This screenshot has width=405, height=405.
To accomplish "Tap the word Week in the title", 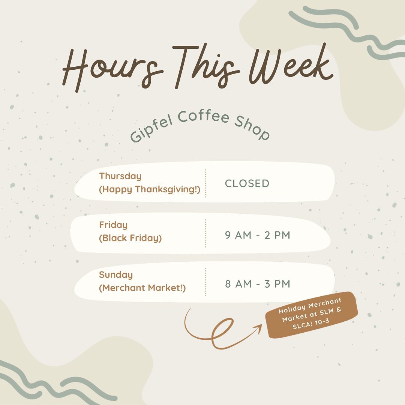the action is click(x=291, y=64).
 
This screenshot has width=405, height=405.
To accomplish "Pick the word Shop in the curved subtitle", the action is click(x=252, y=127).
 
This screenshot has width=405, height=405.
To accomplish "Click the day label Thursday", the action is click(x=120, y=176).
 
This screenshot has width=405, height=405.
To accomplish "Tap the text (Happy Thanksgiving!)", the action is click(x=150, y=189).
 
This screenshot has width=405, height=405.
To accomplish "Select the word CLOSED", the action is click(x=247, y=183).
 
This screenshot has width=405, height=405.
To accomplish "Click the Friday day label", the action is click(x=113, y=225).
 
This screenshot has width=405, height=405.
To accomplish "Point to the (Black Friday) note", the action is click(x=130, y=238).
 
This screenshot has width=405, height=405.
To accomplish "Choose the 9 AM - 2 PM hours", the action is click(x=258, y=235).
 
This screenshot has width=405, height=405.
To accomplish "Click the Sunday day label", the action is click(x=116, y=275).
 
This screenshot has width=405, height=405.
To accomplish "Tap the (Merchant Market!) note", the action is click(x=142, y=288).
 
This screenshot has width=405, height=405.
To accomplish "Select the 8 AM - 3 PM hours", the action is click(x=258, y=284).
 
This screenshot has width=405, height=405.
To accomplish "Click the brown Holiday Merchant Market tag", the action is click(x=312, y=315).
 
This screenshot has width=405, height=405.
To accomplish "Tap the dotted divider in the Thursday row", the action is click(x=205, y=183).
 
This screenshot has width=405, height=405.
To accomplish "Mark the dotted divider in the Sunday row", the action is click(x=205, y=282).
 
